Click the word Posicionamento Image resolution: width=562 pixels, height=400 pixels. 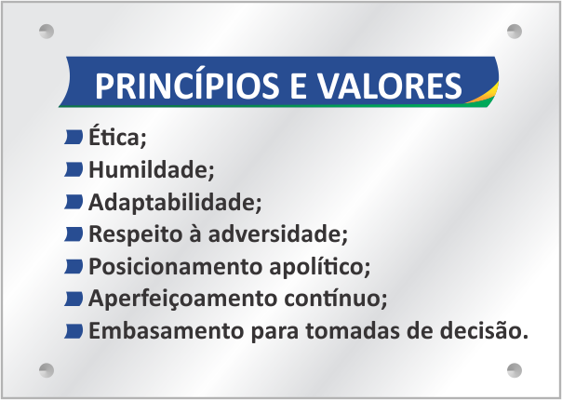click(175, 267)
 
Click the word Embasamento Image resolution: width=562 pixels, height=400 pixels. click(167, 330)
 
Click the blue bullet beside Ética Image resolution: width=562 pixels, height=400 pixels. click(74, 137)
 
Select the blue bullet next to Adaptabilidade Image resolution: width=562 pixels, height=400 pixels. click(74, 202)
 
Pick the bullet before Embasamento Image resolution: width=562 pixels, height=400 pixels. click(74, 331)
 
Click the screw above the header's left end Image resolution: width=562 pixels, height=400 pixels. click(47, 32)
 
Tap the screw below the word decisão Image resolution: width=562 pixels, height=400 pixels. click(515, 370)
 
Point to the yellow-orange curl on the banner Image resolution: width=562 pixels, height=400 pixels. click(484, 96)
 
